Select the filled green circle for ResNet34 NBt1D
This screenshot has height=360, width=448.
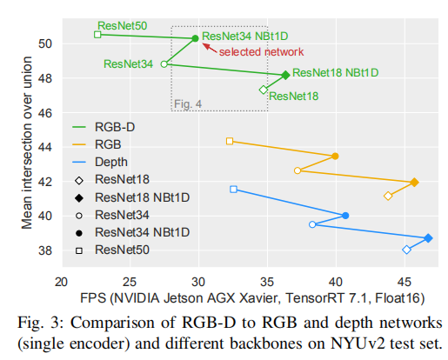195,38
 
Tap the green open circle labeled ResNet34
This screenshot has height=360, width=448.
164,63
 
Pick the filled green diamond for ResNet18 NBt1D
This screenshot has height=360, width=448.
285,75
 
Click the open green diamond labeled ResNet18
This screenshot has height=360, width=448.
264,90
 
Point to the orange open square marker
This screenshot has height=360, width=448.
230,141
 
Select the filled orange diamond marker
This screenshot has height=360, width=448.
414,182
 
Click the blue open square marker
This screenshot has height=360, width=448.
233,189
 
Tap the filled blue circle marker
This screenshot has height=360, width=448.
345,215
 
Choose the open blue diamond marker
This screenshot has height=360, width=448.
406,250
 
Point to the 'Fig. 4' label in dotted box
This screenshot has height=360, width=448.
188,104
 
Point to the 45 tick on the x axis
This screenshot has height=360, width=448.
405,282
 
